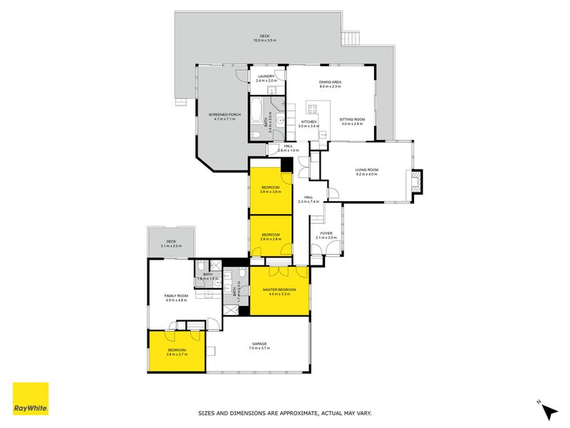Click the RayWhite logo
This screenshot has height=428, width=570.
(31, 399)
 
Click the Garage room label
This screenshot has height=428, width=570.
(257, 346)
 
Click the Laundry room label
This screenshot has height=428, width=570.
(266, 79)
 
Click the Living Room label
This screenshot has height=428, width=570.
(367, 171)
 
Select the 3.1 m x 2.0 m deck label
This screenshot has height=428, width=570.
(171, 243)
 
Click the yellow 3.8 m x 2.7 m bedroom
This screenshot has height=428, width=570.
(176, 352)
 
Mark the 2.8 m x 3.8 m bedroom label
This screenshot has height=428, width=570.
(271, 190)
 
